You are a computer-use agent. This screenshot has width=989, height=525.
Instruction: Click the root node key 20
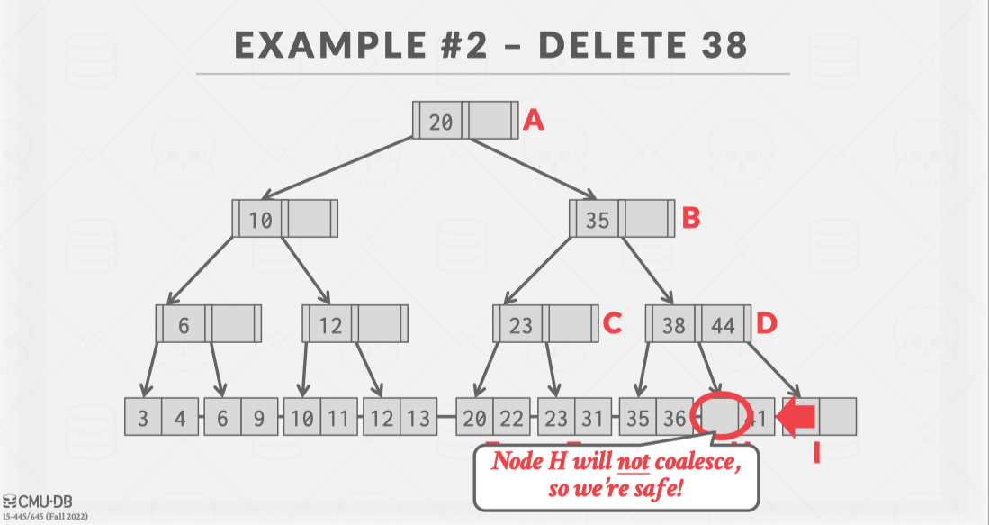point(441,122)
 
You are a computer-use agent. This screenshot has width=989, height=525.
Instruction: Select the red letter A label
point(534,121)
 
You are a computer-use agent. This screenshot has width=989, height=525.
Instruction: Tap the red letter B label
point(690,218)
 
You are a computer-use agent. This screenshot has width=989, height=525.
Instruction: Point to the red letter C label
point(613,323)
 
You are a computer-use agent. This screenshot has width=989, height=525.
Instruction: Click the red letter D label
point(766,323)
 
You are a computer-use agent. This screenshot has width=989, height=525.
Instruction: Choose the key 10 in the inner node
point(260,220)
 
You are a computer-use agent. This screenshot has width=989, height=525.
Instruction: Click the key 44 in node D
point(724,325)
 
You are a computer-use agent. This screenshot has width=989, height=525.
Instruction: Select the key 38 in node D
point(673,325)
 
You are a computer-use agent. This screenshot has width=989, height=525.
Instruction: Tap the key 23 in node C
point(521,325)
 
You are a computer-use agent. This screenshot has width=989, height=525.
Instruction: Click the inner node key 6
point(184,325)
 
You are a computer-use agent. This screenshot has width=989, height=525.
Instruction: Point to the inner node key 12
point(330,325)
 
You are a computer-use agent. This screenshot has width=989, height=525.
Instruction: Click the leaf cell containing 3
point(143,418)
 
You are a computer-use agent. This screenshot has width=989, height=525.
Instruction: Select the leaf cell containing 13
point(418,418)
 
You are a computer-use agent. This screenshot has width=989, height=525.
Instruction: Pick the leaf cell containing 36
point(673,418)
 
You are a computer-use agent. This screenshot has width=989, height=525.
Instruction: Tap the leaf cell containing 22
point(510,418)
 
